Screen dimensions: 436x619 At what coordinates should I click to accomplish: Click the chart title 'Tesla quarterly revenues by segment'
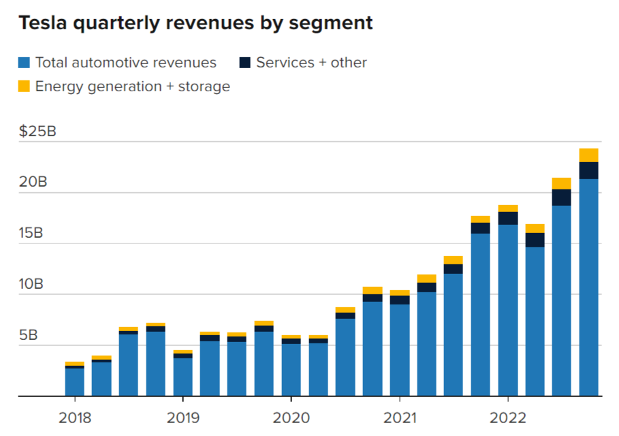click(195, 23)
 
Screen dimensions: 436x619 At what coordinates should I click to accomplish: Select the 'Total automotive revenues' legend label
click(126, 63)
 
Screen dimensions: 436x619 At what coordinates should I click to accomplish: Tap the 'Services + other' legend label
click(311, 63)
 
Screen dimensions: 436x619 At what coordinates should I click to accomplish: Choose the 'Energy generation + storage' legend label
click(133, 87)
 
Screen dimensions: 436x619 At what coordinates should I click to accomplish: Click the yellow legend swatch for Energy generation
click(25, 87)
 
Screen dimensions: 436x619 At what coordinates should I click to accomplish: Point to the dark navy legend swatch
click(245, 63)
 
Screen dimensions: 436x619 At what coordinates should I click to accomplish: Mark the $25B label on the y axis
click(37, 131)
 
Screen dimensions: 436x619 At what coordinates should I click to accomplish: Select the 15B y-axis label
click(31, 234)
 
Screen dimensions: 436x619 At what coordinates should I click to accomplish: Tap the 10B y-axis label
click(31, 284)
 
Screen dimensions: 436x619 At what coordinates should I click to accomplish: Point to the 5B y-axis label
click(28, 335)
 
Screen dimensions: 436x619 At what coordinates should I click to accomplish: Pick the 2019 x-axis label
click(182, 416)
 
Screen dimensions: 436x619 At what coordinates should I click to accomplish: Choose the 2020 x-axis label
click(291, 416)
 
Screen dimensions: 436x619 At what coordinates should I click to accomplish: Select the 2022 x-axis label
click(508, 416)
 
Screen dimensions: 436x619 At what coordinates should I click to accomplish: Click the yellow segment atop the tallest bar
click(589, 155)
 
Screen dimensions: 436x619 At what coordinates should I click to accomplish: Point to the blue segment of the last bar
click(589, 286)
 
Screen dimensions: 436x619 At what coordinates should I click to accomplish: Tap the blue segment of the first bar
click(75, 381)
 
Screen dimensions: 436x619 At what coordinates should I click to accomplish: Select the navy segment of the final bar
click(589, 170)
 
